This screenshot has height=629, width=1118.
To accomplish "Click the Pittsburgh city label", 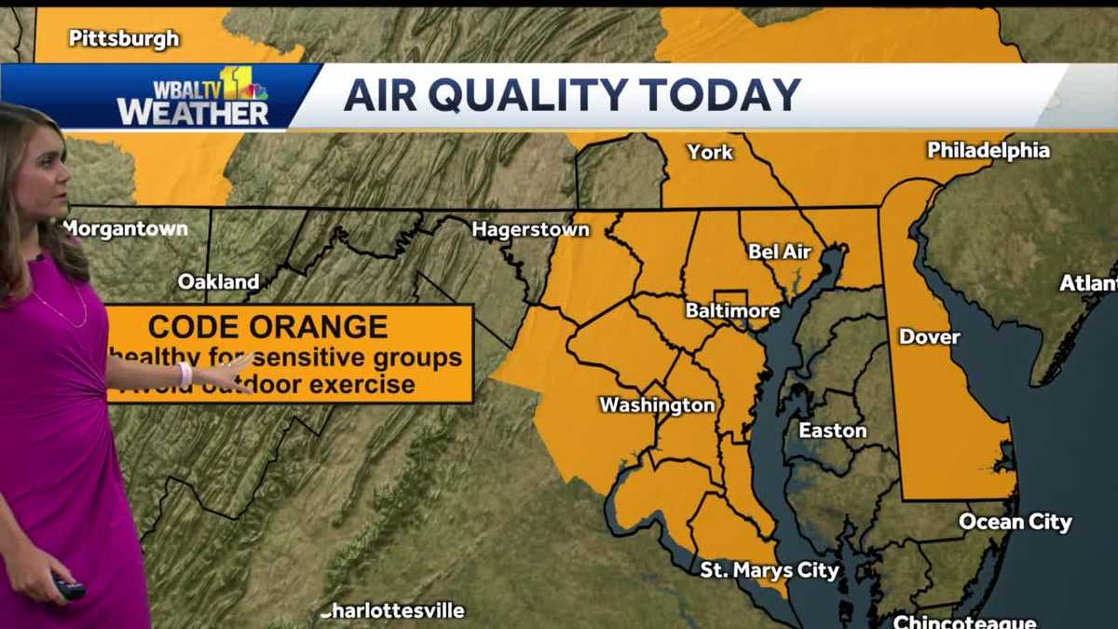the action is pos(124,39).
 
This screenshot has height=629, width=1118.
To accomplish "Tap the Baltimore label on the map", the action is pos(732,309).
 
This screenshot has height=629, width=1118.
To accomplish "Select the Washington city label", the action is pos(657,405).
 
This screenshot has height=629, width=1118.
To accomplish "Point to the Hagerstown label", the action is pos(530,229).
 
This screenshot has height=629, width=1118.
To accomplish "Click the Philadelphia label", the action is pos(988,151).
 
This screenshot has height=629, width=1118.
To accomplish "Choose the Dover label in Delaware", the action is pos(929,337).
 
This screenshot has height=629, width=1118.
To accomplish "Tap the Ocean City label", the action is pos(1016,522).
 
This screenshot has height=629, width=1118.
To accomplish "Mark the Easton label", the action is pos(832,431).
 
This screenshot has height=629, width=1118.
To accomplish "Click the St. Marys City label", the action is pos(770,570).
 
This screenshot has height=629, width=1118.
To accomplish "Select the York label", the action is pos(710,152).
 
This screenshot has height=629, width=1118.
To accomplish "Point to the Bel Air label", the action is pos(780,252).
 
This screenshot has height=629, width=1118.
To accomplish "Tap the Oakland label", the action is pos(218,281).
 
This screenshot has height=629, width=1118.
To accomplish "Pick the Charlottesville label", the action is pos(393,612).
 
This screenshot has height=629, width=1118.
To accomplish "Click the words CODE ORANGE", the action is pos(267,327).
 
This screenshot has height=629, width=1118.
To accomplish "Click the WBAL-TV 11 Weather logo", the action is pos(193,97).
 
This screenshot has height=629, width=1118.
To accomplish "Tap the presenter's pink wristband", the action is pos(185,374).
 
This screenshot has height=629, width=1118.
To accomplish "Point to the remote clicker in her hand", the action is pos(68,588).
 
